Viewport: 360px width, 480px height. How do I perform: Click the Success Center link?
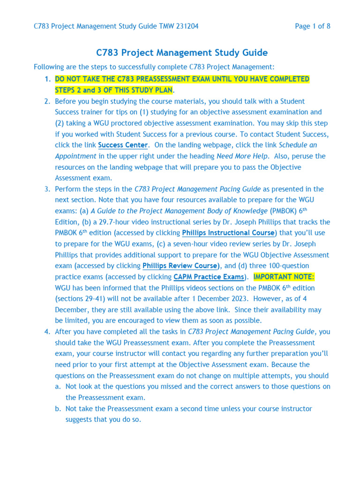(123, 145)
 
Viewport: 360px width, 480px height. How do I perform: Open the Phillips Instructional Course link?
(228, 233)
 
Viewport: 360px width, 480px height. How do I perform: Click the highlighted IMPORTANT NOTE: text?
(284, 277)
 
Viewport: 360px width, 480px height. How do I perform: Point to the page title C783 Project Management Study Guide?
(182, 52)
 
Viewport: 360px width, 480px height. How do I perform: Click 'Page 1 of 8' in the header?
(313, 26)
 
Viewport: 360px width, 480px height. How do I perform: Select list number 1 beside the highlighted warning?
(47, 79)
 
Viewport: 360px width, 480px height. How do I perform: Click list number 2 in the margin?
(47, 101)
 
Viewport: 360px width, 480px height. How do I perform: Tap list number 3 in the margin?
(47, 189)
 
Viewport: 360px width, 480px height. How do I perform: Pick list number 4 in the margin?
(47, 332)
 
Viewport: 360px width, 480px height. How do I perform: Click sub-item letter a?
(58, 387)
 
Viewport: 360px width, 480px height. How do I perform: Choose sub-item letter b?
(58, 409)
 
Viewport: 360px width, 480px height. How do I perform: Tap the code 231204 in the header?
(186, 26)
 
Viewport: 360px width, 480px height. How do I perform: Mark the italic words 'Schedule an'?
(298, 145)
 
